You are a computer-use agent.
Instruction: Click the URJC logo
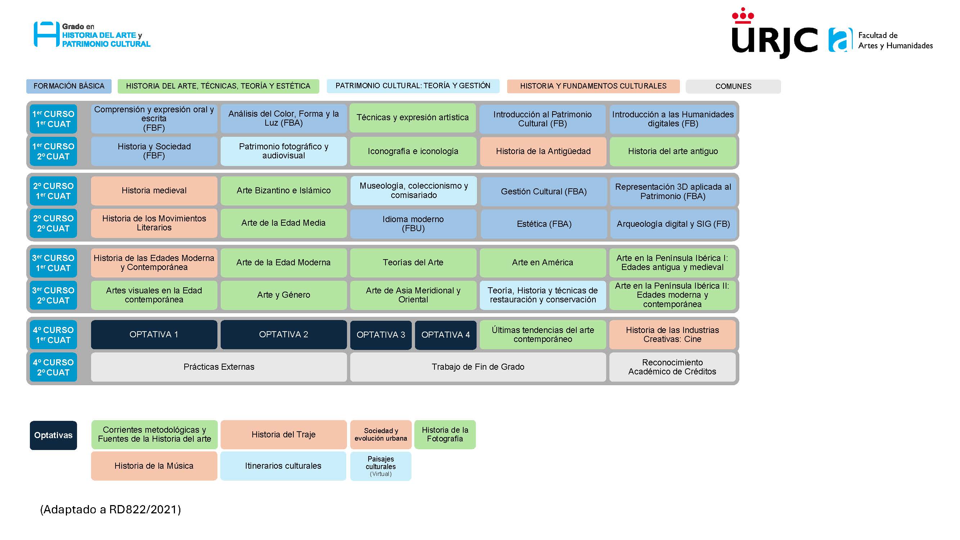tap(774, 35)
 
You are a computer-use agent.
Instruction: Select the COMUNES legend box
tap(733, 86)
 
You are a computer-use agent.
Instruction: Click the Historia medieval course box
tap(154, 190)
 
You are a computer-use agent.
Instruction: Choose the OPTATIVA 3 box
tap(380, 335)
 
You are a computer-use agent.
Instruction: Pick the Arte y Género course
tap(283, 295)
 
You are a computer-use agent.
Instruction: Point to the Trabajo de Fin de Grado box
tap(478, 367)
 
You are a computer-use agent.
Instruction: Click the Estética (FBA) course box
tap(544, 224)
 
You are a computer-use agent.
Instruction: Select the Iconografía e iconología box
tap(413, 151)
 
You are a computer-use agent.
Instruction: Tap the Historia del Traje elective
tap(283, 435)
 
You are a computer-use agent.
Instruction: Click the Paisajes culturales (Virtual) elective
tap(380, 466)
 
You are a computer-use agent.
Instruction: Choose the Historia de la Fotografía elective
tap(445, 435)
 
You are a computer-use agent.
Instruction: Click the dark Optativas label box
tap(53, 435)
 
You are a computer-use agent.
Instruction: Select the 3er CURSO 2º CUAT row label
tap(53, 295)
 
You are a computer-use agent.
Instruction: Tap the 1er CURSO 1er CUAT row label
tap(53, 119)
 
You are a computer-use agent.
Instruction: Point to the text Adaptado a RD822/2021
tap(110, 509)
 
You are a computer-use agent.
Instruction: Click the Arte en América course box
tap(542, 262)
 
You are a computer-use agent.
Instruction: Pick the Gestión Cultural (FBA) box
tap(544, 192)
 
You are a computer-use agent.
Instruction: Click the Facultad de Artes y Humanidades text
tap(895, 40)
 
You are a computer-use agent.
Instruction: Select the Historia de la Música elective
tap(154, 466)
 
